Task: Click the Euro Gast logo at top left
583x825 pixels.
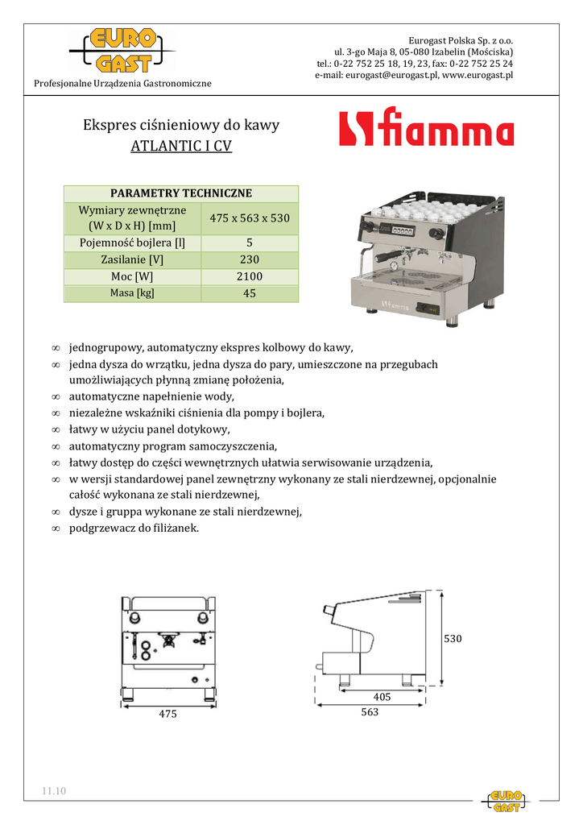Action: click(122, 52)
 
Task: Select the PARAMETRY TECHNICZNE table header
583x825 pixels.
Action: click(181, 193)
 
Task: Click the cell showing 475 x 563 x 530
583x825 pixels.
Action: click(250, 218)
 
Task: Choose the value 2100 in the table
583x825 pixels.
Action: click(250, 276)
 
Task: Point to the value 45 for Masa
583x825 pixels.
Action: click(250, 293)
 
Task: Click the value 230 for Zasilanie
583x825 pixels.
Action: click(250, 259)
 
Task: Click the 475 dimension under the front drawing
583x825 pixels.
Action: click(167, 714)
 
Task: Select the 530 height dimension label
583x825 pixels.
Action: click(454, 638)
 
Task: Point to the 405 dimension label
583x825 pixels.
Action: click(382, 696)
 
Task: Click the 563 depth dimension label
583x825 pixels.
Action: click(369, 712)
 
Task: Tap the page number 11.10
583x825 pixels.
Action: click(55, 790)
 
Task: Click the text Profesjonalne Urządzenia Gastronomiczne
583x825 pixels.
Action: click(122, 84)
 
